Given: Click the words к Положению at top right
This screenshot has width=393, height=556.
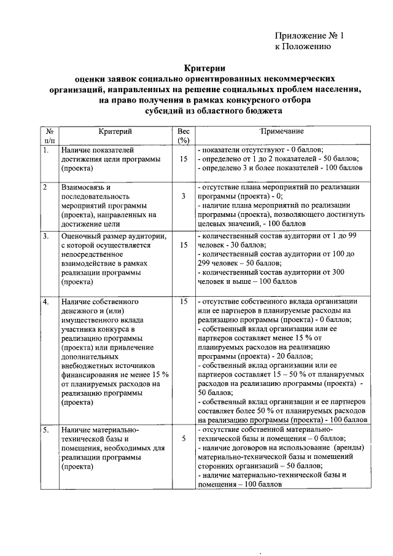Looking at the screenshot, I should coord(303,46).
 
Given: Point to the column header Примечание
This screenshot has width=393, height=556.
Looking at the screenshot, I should coord(282,131).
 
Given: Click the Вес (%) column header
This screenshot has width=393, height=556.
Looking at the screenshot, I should coord(183,136).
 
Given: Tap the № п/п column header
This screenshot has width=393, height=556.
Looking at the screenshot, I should coord(49,136).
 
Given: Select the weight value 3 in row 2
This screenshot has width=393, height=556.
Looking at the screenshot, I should coord(183,197).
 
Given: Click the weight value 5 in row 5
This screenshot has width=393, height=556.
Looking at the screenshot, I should coord(183,440).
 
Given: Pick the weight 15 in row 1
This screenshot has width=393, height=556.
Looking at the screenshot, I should coord(183,159).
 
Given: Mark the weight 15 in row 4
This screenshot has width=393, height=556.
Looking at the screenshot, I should coord(183,302).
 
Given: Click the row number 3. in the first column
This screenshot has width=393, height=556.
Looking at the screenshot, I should coord(46,235).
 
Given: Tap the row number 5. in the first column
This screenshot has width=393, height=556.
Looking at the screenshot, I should coord(46,430).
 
